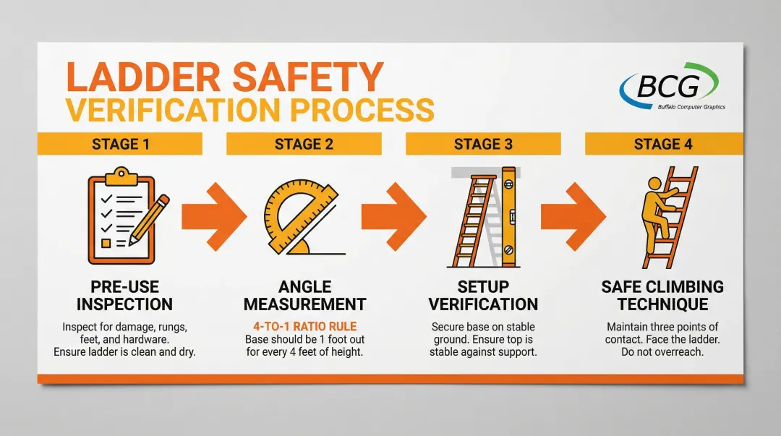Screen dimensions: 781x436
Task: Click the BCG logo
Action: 671,86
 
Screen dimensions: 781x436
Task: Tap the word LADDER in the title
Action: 143,77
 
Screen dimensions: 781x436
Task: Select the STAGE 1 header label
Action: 121,144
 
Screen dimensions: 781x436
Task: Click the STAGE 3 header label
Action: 483,144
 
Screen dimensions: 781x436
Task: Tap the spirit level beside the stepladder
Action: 508,217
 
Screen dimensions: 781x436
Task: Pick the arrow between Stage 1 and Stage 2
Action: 214,216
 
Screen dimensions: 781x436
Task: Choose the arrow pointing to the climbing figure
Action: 573,216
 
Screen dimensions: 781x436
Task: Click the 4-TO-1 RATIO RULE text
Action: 305,326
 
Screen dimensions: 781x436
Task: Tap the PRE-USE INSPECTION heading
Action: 124,296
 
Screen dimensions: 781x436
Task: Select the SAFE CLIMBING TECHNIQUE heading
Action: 662,296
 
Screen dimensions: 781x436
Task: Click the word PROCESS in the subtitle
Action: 362,110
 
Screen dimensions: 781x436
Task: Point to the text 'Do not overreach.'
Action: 662,352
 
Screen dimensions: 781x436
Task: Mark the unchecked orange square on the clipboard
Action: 106,243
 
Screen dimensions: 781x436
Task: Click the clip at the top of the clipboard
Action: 120,176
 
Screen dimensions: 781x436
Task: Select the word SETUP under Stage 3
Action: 483,287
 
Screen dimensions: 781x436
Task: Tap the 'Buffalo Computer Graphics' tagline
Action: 691,106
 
